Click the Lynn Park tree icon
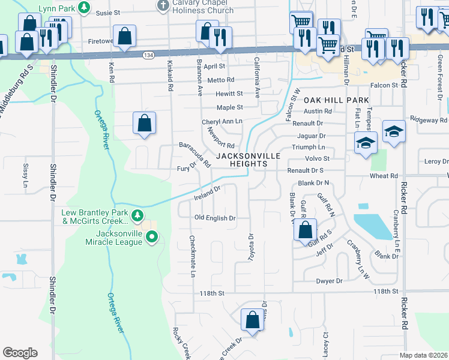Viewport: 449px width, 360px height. (85, 7)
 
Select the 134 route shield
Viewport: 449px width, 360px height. (148, 55)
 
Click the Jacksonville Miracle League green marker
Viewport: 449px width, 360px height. (152, 238)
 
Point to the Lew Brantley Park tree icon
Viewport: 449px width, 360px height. (138, 215)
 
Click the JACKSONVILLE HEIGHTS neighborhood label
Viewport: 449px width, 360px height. (248, 160)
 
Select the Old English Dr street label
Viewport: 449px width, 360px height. (214, 218)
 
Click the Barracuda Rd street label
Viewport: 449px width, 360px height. (196, 154)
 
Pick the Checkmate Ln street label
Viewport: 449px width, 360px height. (193, 256)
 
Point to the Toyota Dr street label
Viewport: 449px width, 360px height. (252, 247)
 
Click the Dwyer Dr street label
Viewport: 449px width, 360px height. (330, 281)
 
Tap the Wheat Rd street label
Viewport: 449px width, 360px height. (384, 176)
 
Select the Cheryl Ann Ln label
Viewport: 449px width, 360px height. (221, 122)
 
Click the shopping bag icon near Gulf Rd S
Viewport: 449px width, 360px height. (306, 229)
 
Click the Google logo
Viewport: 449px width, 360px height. (20, 353)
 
